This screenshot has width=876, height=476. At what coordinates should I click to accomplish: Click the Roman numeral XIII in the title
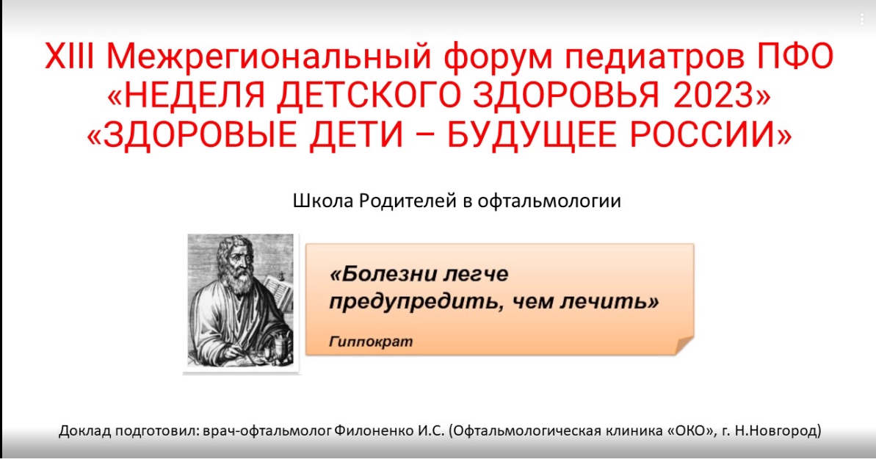point(69,56)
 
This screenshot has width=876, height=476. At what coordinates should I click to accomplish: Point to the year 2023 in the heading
point(714,95)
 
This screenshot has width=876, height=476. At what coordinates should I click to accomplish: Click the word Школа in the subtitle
point(322,201)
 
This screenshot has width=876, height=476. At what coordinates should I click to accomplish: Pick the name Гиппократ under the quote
point(371,342)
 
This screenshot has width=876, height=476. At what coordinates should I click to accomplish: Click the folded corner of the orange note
point(684,345)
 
